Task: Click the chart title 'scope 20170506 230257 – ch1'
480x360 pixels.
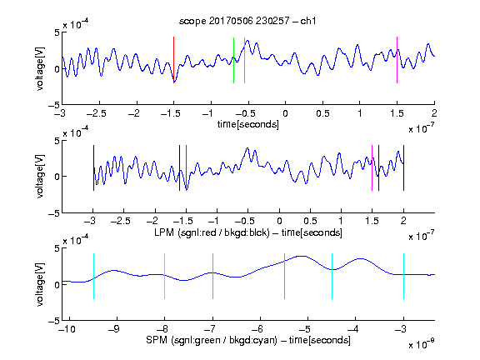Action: [247, 21]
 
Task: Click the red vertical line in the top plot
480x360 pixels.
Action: [173, 60]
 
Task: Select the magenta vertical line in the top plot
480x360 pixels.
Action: [397, 60]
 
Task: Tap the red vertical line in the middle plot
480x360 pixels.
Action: [186, 168]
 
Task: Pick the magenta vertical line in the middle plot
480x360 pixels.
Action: [372, 168]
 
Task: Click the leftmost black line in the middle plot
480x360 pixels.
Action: [93, 168]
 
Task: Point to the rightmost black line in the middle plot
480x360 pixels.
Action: [403, 168]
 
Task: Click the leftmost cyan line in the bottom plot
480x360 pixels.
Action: [93, 276]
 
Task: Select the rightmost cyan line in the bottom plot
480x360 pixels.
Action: [403, 276]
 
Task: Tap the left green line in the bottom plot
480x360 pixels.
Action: [212, 276]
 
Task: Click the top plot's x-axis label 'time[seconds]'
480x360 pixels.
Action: [248, 124]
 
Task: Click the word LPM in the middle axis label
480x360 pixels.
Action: [164, 232]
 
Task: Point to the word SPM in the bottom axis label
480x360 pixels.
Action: [157, 340]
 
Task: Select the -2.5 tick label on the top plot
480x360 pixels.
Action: [96, 113]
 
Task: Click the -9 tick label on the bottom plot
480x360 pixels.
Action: [114, 329]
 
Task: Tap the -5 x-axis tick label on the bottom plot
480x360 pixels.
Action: [304, 329]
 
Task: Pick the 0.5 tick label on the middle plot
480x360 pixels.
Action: [310, 221]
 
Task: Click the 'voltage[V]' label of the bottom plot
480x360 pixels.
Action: [40, 284]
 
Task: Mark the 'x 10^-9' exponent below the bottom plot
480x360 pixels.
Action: [421, 344]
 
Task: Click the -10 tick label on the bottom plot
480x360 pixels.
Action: [67, 329]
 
